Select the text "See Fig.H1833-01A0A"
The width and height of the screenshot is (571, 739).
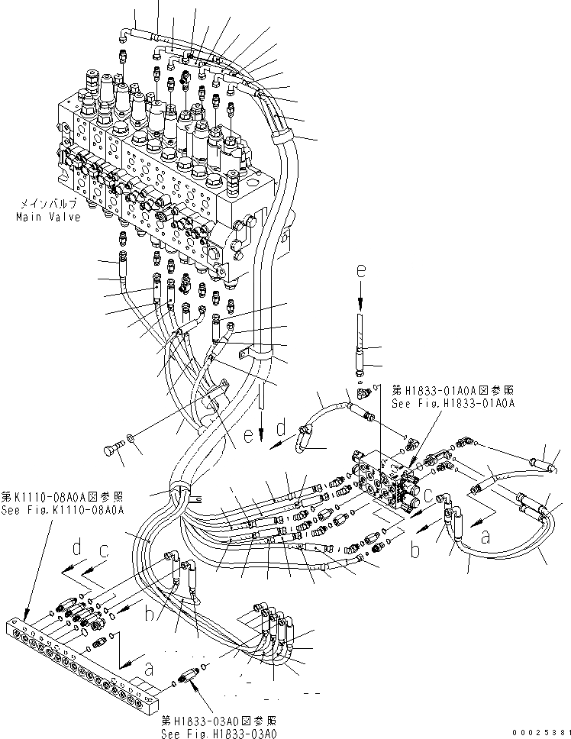(453, 402)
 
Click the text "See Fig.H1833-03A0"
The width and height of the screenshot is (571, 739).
(218, 733)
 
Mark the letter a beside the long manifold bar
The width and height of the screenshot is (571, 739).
(149, 669)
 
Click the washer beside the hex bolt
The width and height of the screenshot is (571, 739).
(134, 438)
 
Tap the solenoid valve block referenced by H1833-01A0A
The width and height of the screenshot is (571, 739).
(389, 481)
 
